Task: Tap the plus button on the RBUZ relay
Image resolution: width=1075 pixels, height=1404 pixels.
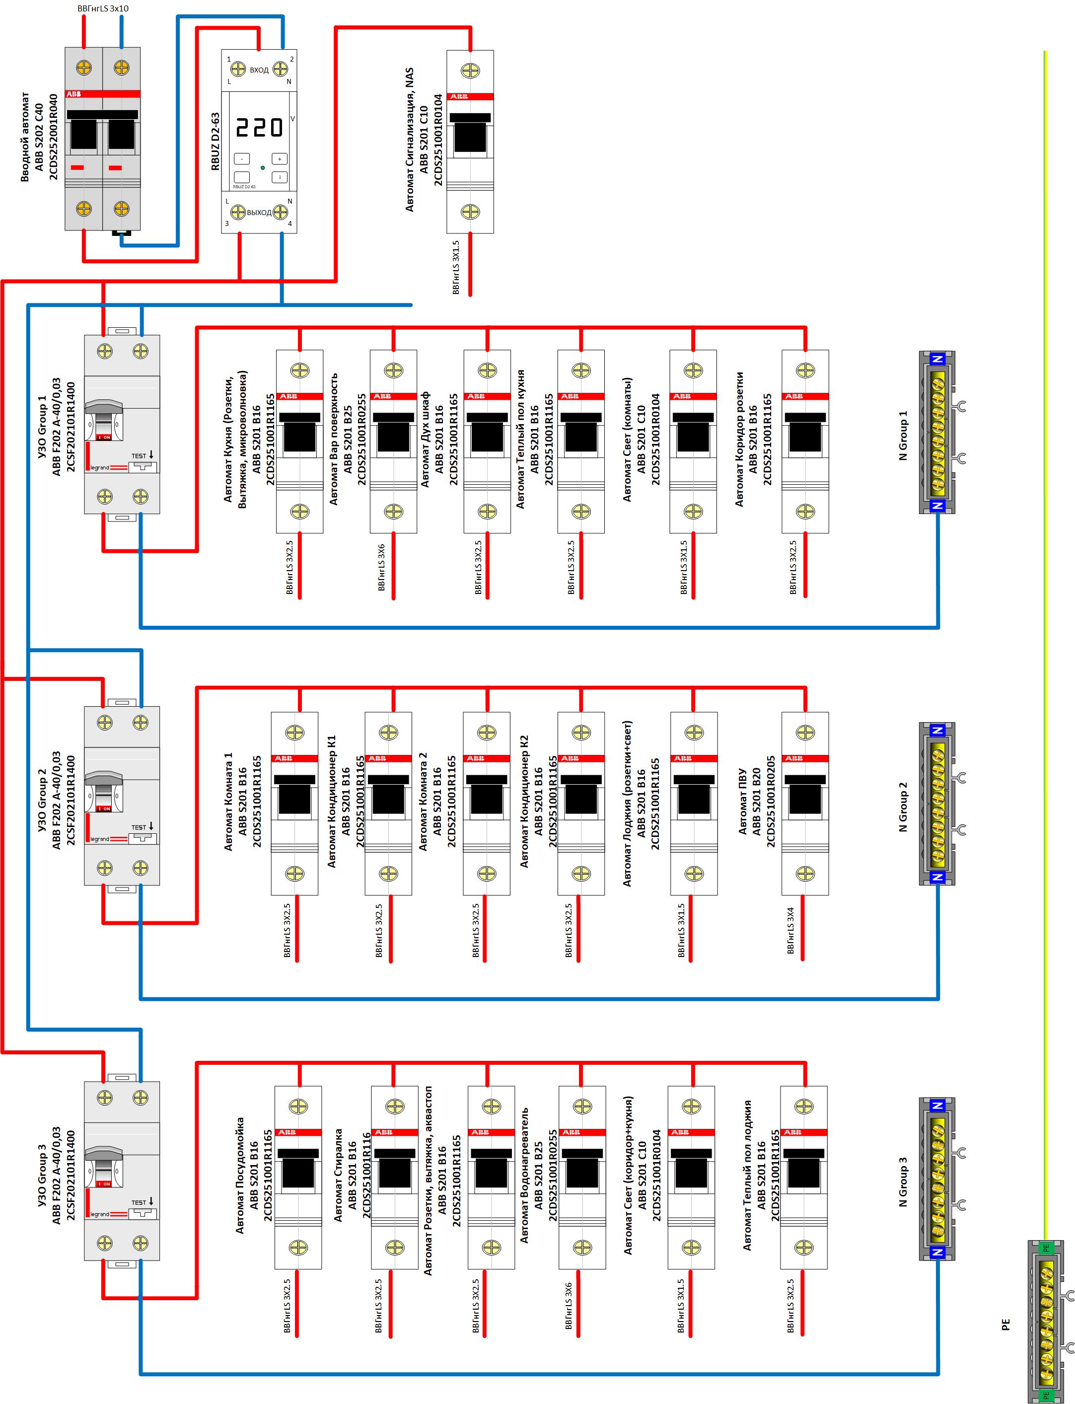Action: click(x=280, y=159)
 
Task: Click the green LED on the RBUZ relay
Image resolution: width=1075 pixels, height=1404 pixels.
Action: click(x=262, y=168)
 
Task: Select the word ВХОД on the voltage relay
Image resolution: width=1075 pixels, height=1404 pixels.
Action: click(x=259, y=70)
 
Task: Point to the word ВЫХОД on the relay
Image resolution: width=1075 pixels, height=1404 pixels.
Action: click(x=259, y=213)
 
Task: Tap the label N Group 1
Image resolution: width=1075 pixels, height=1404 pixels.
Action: click(x=903, y=435)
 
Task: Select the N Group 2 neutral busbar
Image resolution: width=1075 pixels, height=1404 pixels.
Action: click(x=937, y=803)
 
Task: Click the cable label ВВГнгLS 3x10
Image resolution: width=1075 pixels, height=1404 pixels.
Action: click(x=103, y=8)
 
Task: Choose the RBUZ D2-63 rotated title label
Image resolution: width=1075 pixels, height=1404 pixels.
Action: click(x=215, y=142)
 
